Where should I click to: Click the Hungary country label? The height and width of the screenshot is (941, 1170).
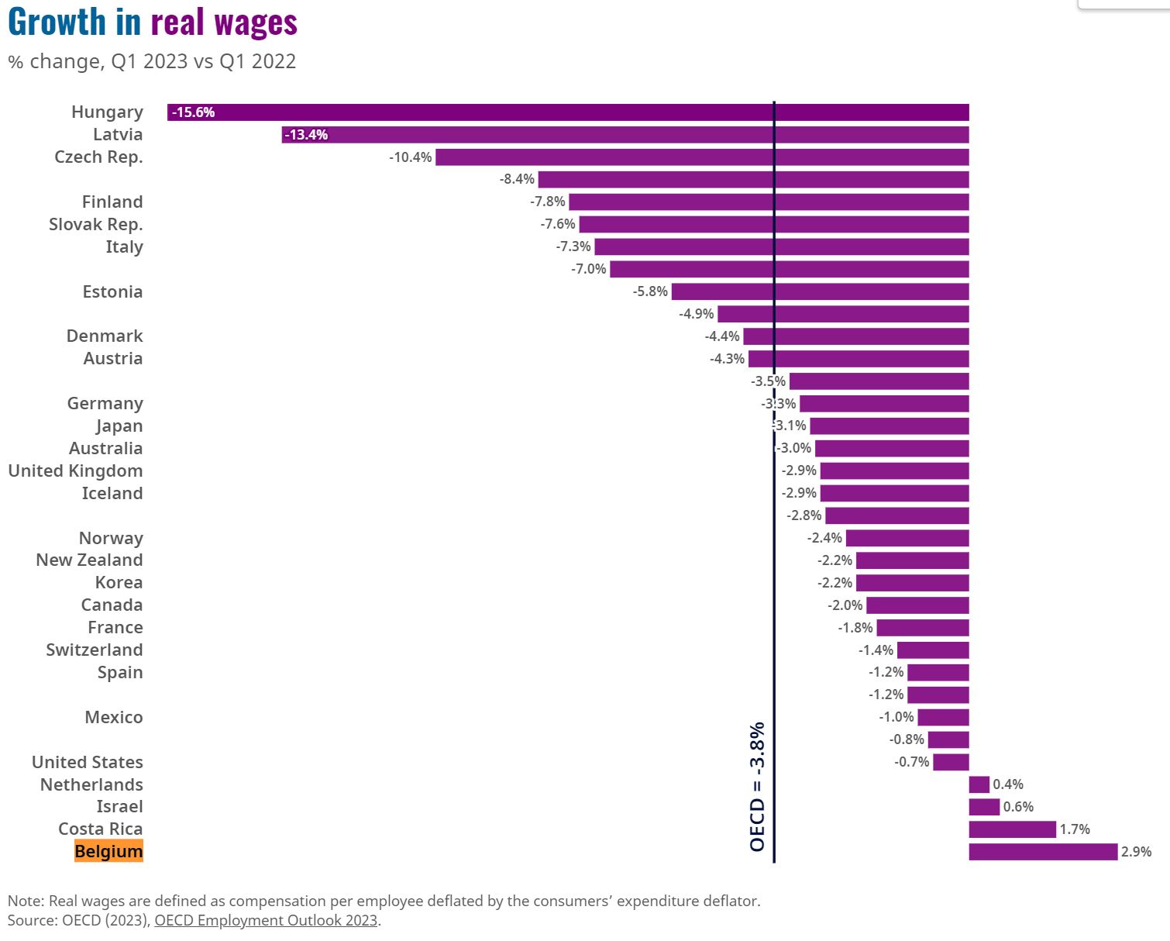pyautogui.click(x=107, y=112)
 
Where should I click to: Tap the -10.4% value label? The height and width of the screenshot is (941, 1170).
pyautogui.click(x=410, y=157)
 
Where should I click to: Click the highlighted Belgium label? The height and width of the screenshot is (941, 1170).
pyautogui.click(x=108, y=852)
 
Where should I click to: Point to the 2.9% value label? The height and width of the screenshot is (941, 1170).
pyautogui.click(x=1136, y=852)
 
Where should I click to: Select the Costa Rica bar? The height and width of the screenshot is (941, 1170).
pyautogui.click(x=1012, y=829)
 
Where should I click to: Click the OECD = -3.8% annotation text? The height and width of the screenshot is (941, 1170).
pyautogui.click(x=757, y=787)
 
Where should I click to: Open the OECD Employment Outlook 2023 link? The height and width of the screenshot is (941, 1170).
pyautogui.click(x=266, y=920)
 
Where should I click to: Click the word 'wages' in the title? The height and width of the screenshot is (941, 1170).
pyautogui.click(x=256, y=22)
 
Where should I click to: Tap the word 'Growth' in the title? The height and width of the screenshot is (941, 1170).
pyautogui.click(x=57, y=22)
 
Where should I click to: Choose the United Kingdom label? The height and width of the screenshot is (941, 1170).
pyautogui.click(x=75, y=471)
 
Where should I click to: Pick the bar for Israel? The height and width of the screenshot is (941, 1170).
pyautogui.click(x=984, y=807)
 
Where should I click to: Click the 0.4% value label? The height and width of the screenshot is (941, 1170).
pyautogui.click(x=1007, y=784)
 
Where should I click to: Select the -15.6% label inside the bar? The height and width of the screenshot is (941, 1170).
pyautogui.click(x=193, y=112)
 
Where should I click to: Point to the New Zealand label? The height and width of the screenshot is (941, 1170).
pyautogui.click(x=89, y=560)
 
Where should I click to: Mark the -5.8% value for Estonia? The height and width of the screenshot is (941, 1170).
pyautogui.click(x=650, y=291)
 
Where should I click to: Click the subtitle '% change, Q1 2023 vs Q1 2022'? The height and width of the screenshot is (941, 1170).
pyautogui.click(x=152, y=61)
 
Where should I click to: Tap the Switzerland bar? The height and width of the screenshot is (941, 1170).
pyautogui.click(x=933, y=650)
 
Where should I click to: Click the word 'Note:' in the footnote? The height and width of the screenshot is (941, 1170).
pyautogui.click(x=26, y=901)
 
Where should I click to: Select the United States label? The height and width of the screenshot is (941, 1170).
pyautogui.click(x=87, y=763)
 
